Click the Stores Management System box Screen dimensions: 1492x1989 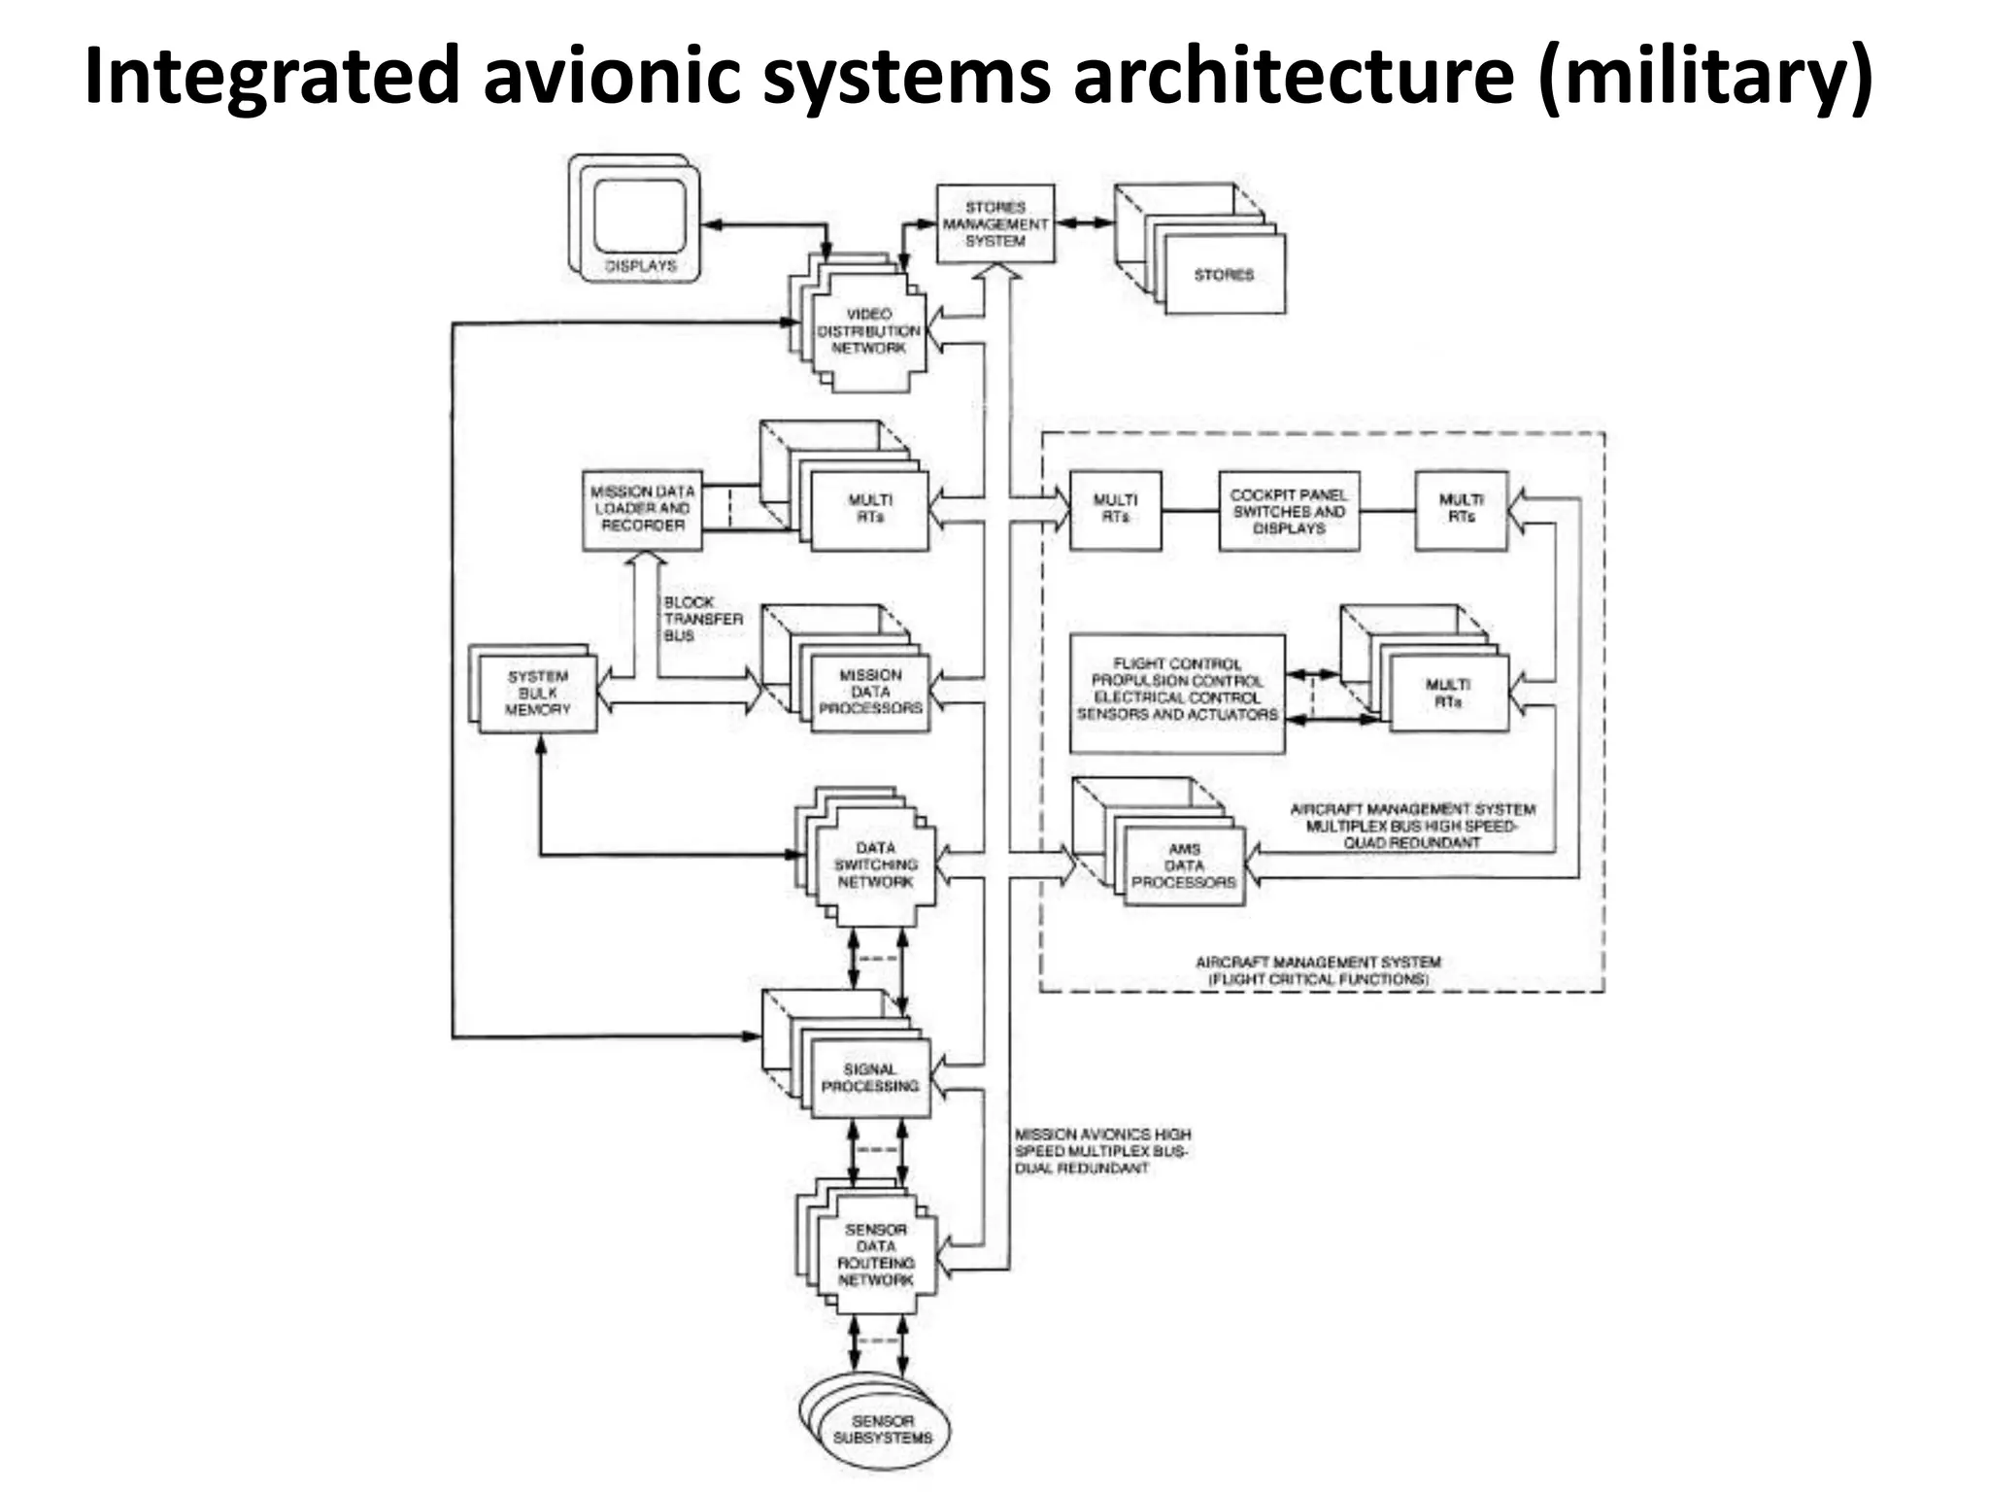point(994,223)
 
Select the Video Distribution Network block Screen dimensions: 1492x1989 point(868,331)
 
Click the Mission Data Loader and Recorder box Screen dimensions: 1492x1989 point(642,509)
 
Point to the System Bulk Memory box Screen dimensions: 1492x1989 point(537,694)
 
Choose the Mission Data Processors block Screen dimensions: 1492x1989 point(870,692)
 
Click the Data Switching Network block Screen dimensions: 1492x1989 point(875,865)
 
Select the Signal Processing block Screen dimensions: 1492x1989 point(870,1077)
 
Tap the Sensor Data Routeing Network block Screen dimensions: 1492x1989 point(875,1255)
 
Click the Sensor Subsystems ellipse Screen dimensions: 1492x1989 point(882,1429)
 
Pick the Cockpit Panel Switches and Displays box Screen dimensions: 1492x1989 point(1289,511)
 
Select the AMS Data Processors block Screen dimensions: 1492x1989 point(1184,865)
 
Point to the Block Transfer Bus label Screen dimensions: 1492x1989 point(701,619)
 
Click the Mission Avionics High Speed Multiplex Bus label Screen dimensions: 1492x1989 point(1101,1151)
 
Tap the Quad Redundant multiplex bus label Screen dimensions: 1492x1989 point(1412,827)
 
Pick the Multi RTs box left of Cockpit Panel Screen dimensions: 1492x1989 point(1115,509)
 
